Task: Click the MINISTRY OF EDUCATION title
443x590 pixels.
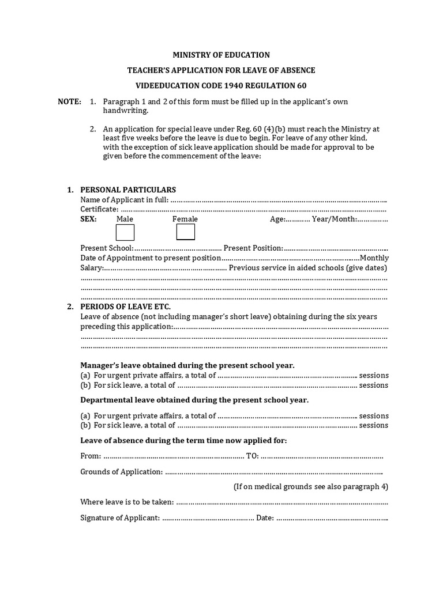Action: [221, 55]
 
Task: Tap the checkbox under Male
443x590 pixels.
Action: [125, 232]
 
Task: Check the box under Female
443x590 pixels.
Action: [185, 232]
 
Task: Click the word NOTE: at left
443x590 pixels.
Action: [69, 101]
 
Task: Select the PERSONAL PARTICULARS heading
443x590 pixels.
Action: [127, 190]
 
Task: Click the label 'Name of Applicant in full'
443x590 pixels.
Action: [124, 199]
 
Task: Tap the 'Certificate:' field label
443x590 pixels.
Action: [100, 209]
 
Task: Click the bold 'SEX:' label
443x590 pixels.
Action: [89, 219]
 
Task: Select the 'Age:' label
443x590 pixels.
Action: [277, 219]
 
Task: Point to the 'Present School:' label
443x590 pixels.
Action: [107, 248]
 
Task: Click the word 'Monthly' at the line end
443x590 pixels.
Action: [374, 258]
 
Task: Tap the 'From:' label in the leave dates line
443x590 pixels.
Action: [91, 456]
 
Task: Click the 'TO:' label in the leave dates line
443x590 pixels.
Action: [252, 456]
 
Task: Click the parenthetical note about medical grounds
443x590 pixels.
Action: [310, 486]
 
